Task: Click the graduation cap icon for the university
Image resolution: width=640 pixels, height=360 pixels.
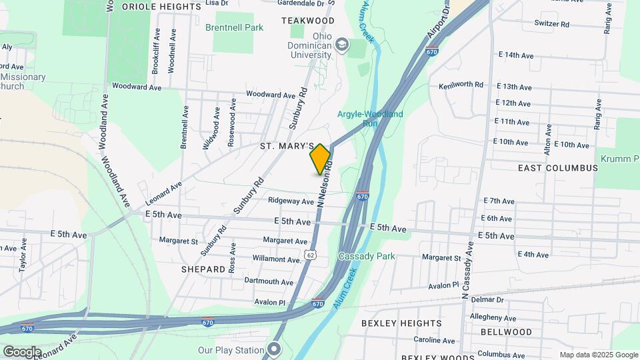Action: (343, 45)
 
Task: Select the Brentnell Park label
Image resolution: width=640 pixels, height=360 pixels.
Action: (234, 27)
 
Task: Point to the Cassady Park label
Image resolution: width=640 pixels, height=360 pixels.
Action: (367, 256)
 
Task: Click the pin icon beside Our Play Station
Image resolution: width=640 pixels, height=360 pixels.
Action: (274, 349)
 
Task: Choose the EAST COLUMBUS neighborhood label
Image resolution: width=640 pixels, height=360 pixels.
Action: (558, 168)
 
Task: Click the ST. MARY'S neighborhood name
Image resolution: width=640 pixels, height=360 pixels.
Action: (287, 145)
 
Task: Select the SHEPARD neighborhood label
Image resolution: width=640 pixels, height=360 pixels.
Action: (203, 269)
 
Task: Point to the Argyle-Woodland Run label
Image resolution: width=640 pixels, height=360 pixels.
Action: (370, 119)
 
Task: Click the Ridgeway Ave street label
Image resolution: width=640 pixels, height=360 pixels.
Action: (290, 201)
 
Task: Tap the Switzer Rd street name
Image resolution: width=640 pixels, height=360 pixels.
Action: (552, 23)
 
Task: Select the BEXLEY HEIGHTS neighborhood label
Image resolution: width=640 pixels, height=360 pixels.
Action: (397, 323)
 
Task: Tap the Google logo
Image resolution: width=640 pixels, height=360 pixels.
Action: (22, 351)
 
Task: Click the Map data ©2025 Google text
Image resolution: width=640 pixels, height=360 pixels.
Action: (599, 355)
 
